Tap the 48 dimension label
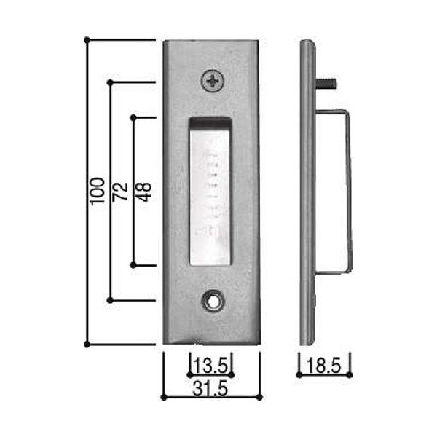(143, 191)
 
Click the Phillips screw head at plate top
(212, 81)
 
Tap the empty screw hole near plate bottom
(212, 299)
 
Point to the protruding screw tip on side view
(328, 83)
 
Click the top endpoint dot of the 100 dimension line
(87, 39)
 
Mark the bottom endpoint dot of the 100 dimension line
(87, 343)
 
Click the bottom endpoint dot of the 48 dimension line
(133, 265)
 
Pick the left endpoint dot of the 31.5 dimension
(163, 398)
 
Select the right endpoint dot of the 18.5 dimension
(350, 374)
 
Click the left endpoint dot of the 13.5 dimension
(190, 374)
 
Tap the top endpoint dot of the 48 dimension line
(133, 116)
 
